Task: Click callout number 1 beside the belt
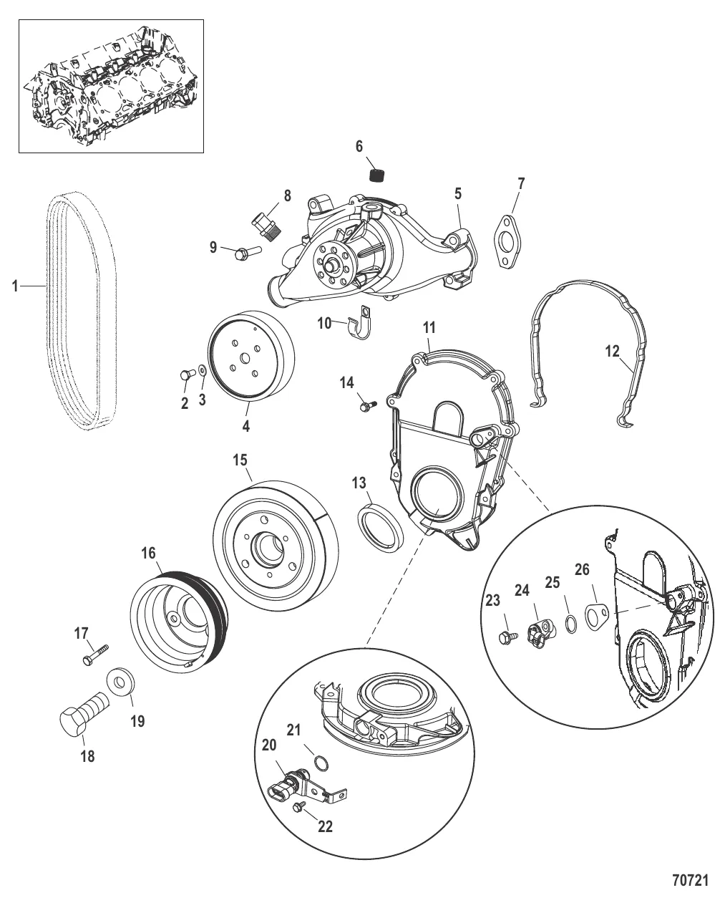(x=14, y=286)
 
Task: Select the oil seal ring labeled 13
(x=380, y=526)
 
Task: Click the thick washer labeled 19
(x=120, y=681)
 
